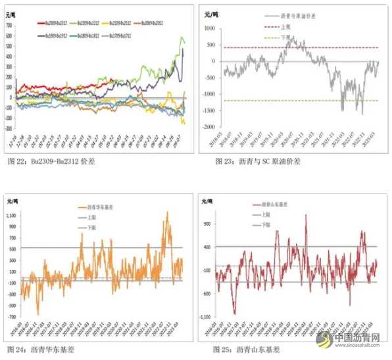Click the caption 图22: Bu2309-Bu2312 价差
coord(51,161)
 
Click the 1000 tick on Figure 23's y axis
coord(209,29)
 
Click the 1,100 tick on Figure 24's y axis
coord(11,215)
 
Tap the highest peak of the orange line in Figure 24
coord(167,213)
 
